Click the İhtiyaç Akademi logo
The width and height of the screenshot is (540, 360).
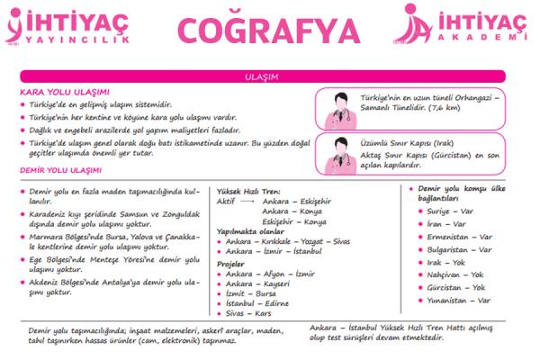(459, 25)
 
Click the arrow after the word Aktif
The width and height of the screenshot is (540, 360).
(248, 202)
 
